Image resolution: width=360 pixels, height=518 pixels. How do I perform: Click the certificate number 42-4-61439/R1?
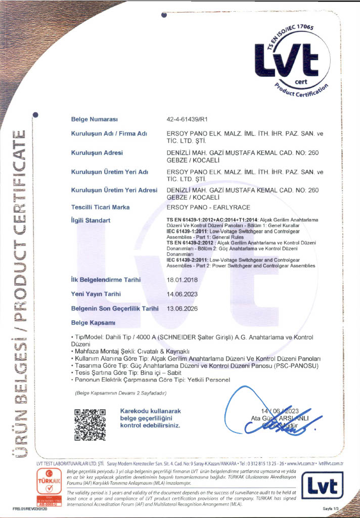[x=187, y=119]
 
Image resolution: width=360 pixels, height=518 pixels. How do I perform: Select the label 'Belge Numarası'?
[x=95, y=119]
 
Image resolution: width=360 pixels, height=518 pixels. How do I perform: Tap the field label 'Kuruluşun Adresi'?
[x=98, y=152]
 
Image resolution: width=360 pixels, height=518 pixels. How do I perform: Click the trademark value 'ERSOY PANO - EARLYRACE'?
[x=206, y=207]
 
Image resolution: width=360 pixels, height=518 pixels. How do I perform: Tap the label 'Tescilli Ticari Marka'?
[x=101, y=207]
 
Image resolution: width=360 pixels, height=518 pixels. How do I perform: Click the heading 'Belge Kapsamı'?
[x=94, y=322]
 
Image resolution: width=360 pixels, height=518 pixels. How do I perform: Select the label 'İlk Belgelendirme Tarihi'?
[x=106, y=280]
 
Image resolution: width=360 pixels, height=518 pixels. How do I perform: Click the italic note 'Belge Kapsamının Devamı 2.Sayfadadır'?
[x=120, y=393]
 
